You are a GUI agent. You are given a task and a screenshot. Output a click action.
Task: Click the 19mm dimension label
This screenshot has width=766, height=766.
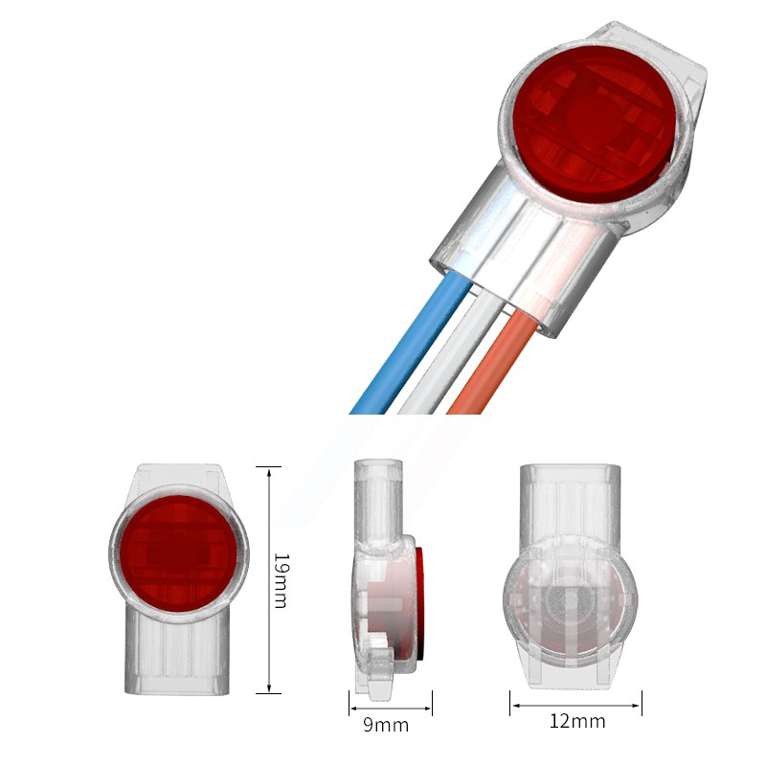280,579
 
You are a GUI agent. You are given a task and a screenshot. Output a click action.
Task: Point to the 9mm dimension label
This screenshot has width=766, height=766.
386,725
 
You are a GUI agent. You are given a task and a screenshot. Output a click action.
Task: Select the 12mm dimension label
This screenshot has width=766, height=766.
576,721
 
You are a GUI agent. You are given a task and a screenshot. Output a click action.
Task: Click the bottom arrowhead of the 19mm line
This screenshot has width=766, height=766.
269,688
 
